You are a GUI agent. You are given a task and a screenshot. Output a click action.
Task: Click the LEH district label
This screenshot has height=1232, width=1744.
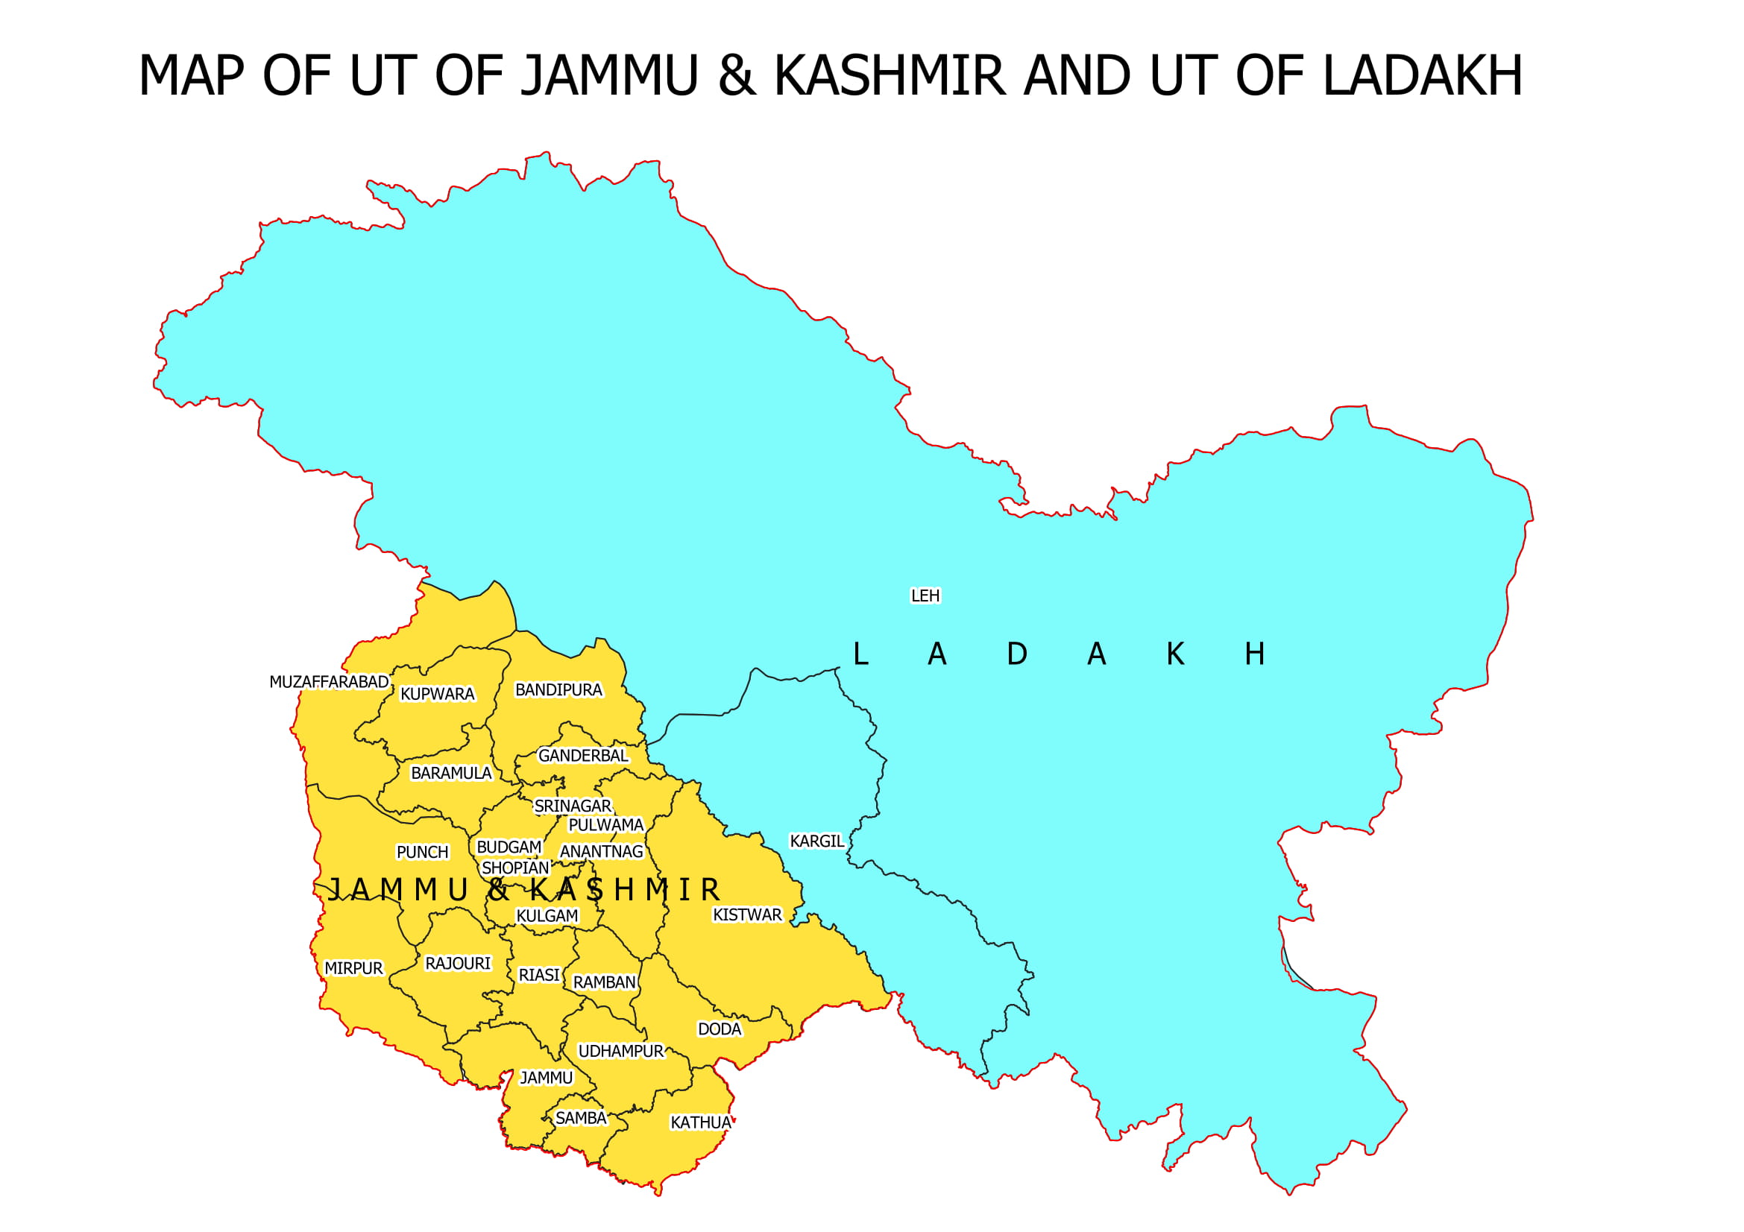(x=925, y=596)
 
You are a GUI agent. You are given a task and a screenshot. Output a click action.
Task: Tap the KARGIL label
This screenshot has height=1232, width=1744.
(x=816, y=841)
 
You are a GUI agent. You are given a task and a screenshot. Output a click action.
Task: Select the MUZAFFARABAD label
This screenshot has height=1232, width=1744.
(x=329, y=682)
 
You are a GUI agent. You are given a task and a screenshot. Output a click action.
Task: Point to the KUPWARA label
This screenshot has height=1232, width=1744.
(x=438, y=694)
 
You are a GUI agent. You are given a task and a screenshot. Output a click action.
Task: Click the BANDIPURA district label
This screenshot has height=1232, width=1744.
(x=558, y=690)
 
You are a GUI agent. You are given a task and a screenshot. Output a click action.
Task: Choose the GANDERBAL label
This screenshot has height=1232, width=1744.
(x=582, y=756)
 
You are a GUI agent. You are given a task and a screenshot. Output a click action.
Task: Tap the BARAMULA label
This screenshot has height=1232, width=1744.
(x=451, y=774)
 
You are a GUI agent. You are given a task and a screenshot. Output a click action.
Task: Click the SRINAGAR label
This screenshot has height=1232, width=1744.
(x=572, y=806)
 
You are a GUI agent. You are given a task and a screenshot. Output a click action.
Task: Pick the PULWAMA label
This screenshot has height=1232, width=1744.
(x=605, y=825)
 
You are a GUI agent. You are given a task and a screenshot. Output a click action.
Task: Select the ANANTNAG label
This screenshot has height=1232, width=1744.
(x=601, y=852)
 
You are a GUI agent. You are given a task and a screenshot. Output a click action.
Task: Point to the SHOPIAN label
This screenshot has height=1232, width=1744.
(x=515, y=868)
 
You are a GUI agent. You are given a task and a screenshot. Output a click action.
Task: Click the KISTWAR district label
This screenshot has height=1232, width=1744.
(x=746, y=914)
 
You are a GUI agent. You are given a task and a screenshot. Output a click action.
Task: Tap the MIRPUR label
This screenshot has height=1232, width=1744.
(x=353, y=969)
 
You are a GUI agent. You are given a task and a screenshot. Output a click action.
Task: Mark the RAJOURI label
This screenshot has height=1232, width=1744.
(x=457, y=963)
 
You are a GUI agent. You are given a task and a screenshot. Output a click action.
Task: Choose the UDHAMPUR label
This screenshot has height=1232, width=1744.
(x=620, y=1052)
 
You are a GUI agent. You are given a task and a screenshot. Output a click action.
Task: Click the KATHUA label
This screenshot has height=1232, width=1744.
(x=700, y=1122)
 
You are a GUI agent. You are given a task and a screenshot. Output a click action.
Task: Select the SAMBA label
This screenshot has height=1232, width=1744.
(x=580, y=1118)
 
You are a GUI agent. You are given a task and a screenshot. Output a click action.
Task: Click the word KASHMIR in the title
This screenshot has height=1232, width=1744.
(x=890, y=76)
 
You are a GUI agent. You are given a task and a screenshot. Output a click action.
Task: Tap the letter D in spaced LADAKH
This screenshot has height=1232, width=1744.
(x=1016, y=654)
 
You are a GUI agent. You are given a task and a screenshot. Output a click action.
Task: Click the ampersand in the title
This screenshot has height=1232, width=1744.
(x=737, y=76)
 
